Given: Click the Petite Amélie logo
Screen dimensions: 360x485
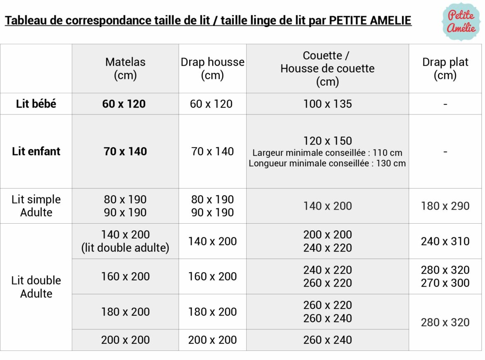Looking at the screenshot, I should pos(461,22).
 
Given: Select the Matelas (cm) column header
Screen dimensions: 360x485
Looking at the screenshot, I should pos(125,68).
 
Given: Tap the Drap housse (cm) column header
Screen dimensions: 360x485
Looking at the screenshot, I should pos(212,68).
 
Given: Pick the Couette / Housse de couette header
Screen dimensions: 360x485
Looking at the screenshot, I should pos(327,68).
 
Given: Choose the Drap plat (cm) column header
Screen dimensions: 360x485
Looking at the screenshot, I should pos(445,68).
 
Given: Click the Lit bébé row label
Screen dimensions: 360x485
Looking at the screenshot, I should pos(36,104).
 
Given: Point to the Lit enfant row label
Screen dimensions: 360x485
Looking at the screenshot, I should pos(36,151).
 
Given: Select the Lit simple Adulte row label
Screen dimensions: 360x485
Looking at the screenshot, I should pos(36,206).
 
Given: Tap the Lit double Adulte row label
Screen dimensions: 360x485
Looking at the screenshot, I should pos(36,287).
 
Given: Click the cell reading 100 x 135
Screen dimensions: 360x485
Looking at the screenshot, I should pos(327,104).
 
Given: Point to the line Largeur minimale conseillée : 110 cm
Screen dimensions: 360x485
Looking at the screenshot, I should pos(327,153).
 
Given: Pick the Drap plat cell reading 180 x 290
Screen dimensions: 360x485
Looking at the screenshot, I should pos(445,206).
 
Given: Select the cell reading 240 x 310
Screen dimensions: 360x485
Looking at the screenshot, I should pos(445,241).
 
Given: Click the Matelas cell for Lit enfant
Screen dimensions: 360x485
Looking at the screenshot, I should pos(125,151).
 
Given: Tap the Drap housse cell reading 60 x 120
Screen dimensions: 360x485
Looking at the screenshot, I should pos(211,104).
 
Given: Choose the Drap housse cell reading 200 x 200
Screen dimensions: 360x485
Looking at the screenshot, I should pos(212,340).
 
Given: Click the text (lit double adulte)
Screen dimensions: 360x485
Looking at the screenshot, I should pos(125,248).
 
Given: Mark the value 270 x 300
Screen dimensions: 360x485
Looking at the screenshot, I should pos(445,283).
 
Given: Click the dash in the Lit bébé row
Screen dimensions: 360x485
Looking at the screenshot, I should pos(445,104).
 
